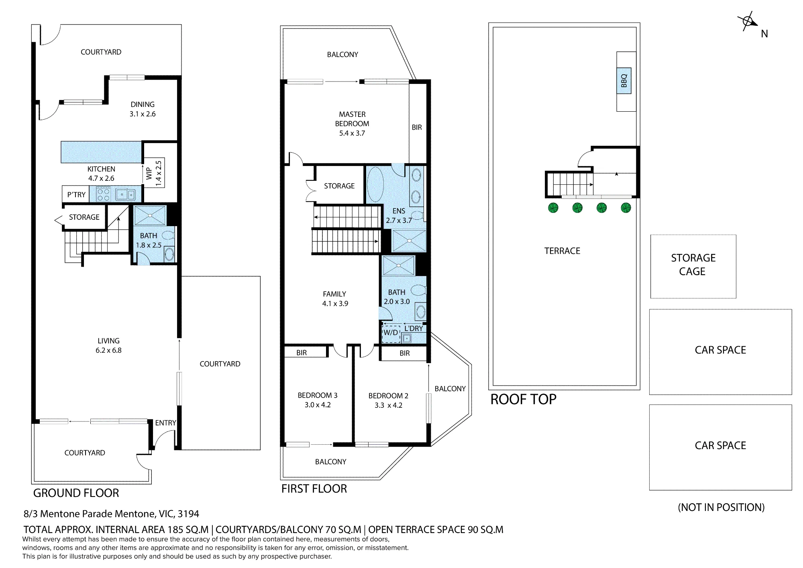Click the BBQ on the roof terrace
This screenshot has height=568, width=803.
point(624,81)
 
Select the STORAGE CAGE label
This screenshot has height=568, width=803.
point(693,264)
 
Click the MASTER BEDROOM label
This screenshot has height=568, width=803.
point(352,119)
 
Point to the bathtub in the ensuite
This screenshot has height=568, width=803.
point(375,185)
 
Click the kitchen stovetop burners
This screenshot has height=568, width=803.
point(103,194)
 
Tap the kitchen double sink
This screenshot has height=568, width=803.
point(126,194)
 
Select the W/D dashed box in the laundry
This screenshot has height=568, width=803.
point(391,333)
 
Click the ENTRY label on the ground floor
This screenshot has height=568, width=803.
point(165,423)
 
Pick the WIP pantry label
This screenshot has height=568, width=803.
point(149,174)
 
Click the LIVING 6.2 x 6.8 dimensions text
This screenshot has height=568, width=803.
point(108,350)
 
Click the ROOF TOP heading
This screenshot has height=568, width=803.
point(524,399)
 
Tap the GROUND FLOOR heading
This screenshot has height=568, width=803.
point(76,493)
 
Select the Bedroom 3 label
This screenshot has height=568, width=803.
point(318,395)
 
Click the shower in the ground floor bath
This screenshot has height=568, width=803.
point(150,216)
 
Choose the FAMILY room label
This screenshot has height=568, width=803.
point(334,294)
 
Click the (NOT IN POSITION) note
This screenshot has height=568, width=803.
point(721,507)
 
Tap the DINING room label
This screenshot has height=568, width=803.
point(143,104)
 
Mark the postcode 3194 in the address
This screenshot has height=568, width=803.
point(188,514)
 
